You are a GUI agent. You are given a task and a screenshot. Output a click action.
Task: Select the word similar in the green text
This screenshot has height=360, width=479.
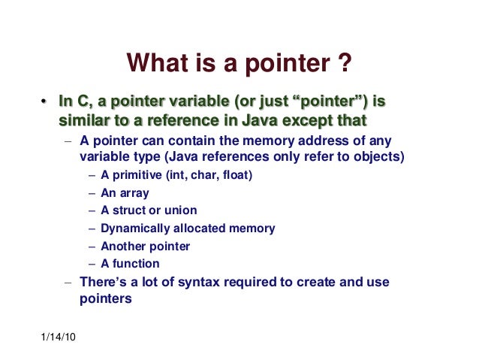pyautogui.click(x=81, y=120)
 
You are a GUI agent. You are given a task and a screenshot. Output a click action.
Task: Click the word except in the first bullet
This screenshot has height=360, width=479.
pyautogui.click(x=306, y=120)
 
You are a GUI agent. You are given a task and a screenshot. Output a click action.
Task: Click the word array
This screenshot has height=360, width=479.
pyautogui.click(x=134, y=193)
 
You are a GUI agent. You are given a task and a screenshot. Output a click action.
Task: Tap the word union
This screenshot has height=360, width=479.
pyautogui.click(x=181, y=210)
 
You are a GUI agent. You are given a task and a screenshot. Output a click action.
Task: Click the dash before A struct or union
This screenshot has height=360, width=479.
pyautogui.click(x=92, y=210)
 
